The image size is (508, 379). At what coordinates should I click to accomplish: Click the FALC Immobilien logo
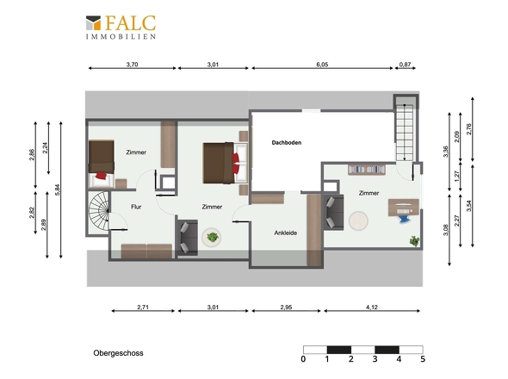[x=121, y=28]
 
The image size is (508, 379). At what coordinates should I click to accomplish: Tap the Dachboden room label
[x=287, y=143]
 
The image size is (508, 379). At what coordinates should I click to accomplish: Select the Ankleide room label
[x=285, y=233]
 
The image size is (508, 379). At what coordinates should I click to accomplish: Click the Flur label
[x=136, y=207]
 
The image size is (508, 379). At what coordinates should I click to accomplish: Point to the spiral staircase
[x=99, y=212]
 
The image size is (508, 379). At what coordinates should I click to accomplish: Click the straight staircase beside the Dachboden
[x=405, y=133]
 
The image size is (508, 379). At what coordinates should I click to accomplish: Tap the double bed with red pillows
[x=226, y=163]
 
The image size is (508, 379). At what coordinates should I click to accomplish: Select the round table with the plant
[x=212, y=238]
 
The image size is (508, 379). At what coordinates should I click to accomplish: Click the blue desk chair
[x=404, y=216]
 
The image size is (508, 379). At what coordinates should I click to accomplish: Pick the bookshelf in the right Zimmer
[x=367, y=170]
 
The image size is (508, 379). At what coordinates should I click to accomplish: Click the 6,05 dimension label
[x=322, y=65]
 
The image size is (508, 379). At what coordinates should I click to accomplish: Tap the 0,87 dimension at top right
[x=405, y=65]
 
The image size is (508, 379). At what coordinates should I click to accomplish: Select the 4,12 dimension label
[x=372, y=307]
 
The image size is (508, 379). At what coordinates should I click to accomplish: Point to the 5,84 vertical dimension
[x=58, y=190]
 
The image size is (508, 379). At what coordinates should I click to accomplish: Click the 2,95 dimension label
[x=286, y=307]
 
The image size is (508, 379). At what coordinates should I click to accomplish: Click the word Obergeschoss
[x=118, y=353]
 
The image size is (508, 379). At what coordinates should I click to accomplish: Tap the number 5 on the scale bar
[x=423, y=359]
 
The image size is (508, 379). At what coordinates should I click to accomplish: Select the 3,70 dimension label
[x=132, y=65]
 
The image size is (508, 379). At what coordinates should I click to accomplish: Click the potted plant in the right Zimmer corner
[x=414, y=241]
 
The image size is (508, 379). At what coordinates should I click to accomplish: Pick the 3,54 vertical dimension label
[x=468, y=206]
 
